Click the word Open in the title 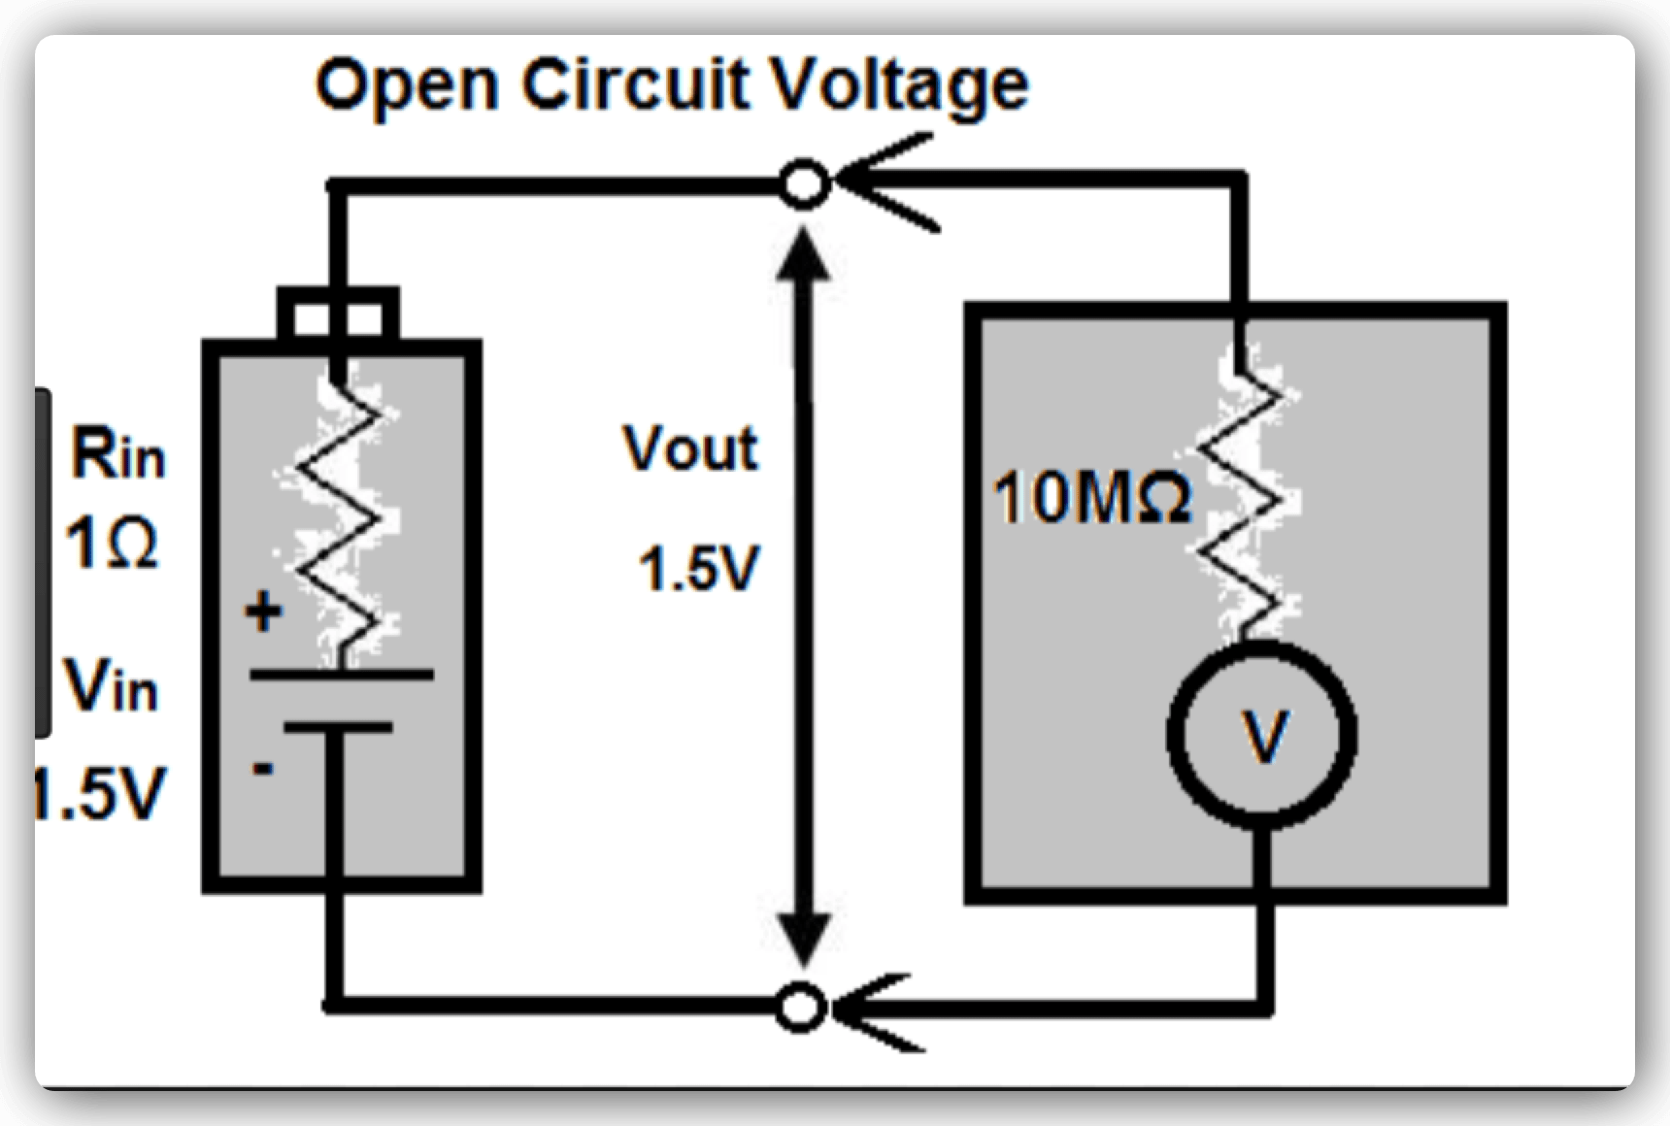tap(406, 85)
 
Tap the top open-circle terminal tap(804, 182)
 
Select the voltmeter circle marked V tap(1261, 735)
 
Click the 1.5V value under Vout tap(697, 569)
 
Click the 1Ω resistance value tap(112, 545)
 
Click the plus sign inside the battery tap(262, 613)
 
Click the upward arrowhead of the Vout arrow tap(803, 253)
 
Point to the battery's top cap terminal tap(337, 314)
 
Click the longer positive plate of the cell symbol tap(340, 674)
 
